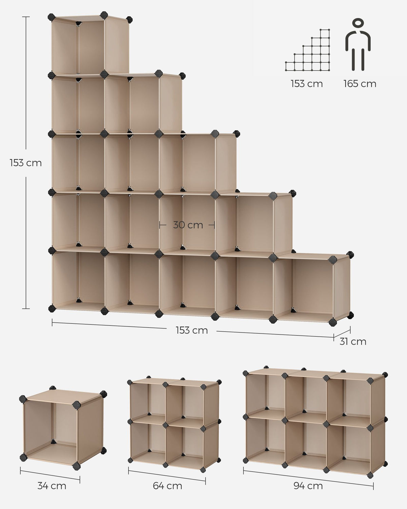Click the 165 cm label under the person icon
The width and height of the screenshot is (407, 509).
click(360, 84)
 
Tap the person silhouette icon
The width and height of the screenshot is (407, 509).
click(358, 44)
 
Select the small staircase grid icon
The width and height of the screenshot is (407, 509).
click(307, 50)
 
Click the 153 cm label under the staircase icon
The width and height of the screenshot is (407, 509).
click(307, 84)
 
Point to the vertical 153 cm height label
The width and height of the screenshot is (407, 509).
click(26, 163)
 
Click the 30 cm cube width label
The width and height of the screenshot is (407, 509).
click(188, 225)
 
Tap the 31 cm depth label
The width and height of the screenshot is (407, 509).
click(353, 342)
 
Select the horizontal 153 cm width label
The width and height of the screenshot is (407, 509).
click(192, 331)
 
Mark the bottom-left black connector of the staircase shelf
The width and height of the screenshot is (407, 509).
click(52, 308)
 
